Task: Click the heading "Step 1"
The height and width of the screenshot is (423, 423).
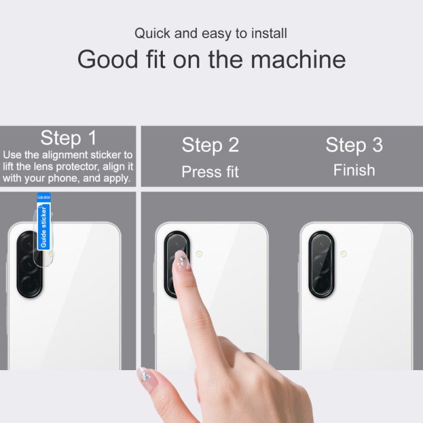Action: click(69, 139)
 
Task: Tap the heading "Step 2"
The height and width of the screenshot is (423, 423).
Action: click(210, 145)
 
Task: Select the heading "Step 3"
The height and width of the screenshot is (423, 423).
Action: click(354, 145)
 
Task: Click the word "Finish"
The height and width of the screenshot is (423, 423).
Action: click(354, 170)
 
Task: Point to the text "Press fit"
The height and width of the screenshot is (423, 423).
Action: click(210, 172)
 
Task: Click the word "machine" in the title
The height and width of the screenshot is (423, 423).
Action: click(298, 59)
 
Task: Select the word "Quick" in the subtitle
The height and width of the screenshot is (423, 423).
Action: click(153, 33)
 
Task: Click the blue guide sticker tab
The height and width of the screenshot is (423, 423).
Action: click(44, 222)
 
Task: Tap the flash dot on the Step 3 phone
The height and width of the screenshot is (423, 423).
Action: click(344, 254)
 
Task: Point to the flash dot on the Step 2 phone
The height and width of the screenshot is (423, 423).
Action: click(199, 254)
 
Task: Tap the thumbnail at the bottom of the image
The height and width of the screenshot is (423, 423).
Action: click(144, 376)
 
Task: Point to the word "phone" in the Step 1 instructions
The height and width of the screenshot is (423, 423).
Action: click(57, 178)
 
